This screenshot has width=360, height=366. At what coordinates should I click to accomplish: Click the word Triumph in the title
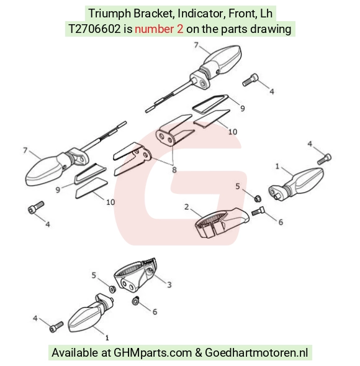click(109, 14)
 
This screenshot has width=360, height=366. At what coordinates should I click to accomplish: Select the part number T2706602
click(95, 29)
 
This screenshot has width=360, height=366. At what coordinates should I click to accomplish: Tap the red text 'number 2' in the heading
click(159, 29)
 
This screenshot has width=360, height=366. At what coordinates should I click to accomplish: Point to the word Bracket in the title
click(154, 13)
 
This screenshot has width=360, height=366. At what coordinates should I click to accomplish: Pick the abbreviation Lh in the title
click(266, 13)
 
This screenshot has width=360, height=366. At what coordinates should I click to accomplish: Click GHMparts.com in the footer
click(153, 352)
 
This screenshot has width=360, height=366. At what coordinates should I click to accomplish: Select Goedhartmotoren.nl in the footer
click(256, 352)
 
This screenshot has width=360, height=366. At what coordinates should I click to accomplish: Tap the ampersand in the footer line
click(198, 352)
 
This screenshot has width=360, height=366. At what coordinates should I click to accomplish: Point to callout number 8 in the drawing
click(174, 170)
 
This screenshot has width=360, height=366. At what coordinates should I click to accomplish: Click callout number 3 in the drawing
click(169, 285)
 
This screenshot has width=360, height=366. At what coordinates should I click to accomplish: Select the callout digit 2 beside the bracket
click(186, 207)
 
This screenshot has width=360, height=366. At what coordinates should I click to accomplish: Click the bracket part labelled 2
click(222, 222)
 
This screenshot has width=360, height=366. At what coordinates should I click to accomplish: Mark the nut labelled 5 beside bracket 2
click(258, 199)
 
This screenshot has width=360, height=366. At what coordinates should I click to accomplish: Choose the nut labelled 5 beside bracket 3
click(112, 289)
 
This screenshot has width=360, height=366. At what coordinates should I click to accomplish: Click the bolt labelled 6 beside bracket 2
click(258, 211)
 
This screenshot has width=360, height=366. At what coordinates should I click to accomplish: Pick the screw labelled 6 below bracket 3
click(135, 301)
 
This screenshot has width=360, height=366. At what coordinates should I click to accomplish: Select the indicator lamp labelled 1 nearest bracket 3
click(91, 313)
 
